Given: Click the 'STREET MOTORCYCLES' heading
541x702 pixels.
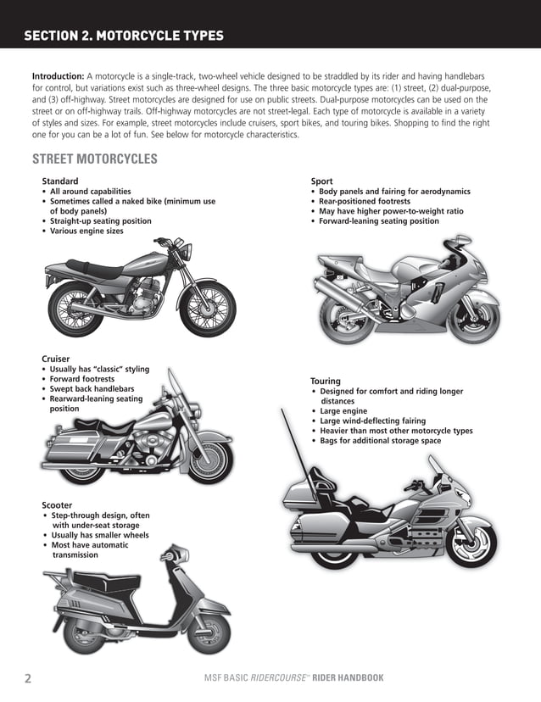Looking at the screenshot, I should point(94,159).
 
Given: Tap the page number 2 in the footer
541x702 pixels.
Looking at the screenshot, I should point(28,678).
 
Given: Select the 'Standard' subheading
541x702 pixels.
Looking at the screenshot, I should point(59,181).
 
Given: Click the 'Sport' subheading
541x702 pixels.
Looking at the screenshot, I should point(321,181).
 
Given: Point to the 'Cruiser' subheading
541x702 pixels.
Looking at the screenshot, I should point(56,359).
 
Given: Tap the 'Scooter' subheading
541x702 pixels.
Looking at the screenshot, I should point(57,505).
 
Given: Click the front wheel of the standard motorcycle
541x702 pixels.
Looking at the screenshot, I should point(207,304).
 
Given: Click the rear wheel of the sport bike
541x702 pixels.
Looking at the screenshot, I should point(343,310).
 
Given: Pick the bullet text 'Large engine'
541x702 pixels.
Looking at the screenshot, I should point(343,411).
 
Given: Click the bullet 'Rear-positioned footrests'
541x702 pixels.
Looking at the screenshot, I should point(364,201).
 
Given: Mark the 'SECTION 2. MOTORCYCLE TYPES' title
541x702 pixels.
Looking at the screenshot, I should point(124,36).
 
